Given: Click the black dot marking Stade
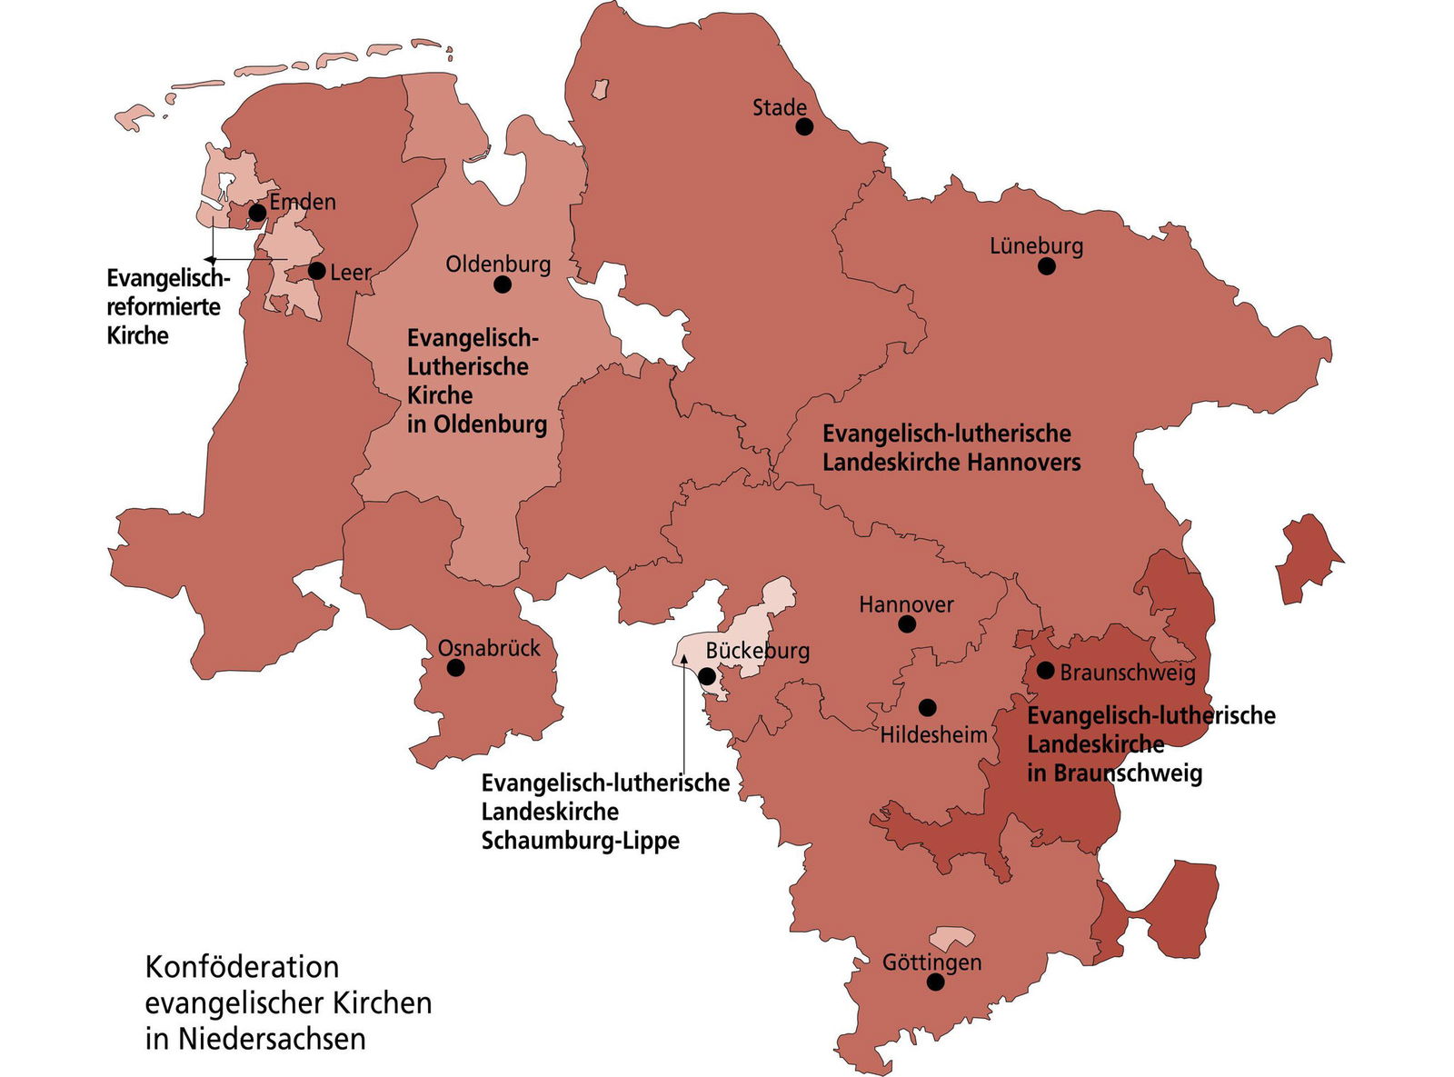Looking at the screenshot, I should pos(804,126).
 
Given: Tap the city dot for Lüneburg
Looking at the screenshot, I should pos(1047,266).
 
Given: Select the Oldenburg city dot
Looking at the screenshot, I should pos(503,284).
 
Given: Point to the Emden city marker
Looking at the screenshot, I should pos(257,213).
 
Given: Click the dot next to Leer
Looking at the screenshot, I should pos(317,271).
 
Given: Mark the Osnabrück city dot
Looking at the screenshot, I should pos(456,668).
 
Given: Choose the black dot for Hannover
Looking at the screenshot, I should pos(907,623).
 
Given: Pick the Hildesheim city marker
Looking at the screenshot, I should pos(928,707).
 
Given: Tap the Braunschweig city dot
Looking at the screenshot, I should pos(1046,671).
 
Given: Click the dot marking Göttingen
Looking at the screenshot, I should pos(935,982).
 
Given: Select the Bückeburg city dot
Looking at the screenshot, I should pos(706,676).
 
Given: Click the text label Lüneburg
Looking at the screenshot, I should pos(1037,245).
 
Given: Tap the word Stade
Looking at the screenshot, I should pos(780,107).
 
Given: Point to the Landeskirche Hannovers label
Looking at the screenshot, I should pos(951,448).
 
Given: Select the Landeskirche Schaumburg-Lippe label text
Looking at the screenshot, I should pos(604,811).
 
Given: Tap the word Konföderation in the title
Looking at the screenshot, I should pos(242,966).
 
